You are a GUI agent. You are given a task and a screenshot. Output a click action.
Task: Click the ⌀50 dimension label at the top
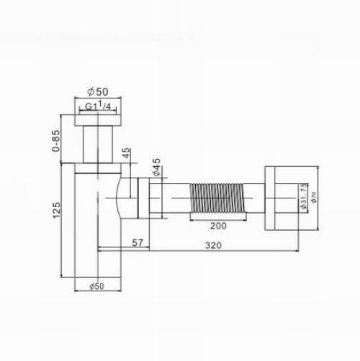point(98,91)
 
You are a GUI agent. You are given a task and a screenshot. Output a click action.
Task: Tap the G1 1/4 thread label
point(98,106)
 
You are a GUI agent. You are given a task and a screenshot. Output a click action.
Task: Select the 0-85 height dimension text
point(55,141)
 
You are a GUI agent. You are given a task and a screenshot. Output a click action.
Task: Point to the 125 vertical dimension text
point(57,210)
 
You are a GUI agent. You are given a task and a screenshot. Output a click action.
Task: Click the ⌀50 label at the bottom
point(96,286)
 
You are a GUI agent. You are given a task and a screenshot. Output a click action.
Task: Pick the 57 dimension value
point(138,243)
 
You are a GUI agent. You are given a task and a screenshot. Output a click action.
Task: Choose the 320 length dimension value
point(213,245)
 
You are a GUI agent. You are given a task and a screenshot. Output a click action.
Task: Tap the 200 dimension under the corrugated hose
point(218,226)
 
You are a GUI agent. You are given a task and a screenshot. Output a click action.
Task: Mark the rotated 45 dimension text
point(126,153)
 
